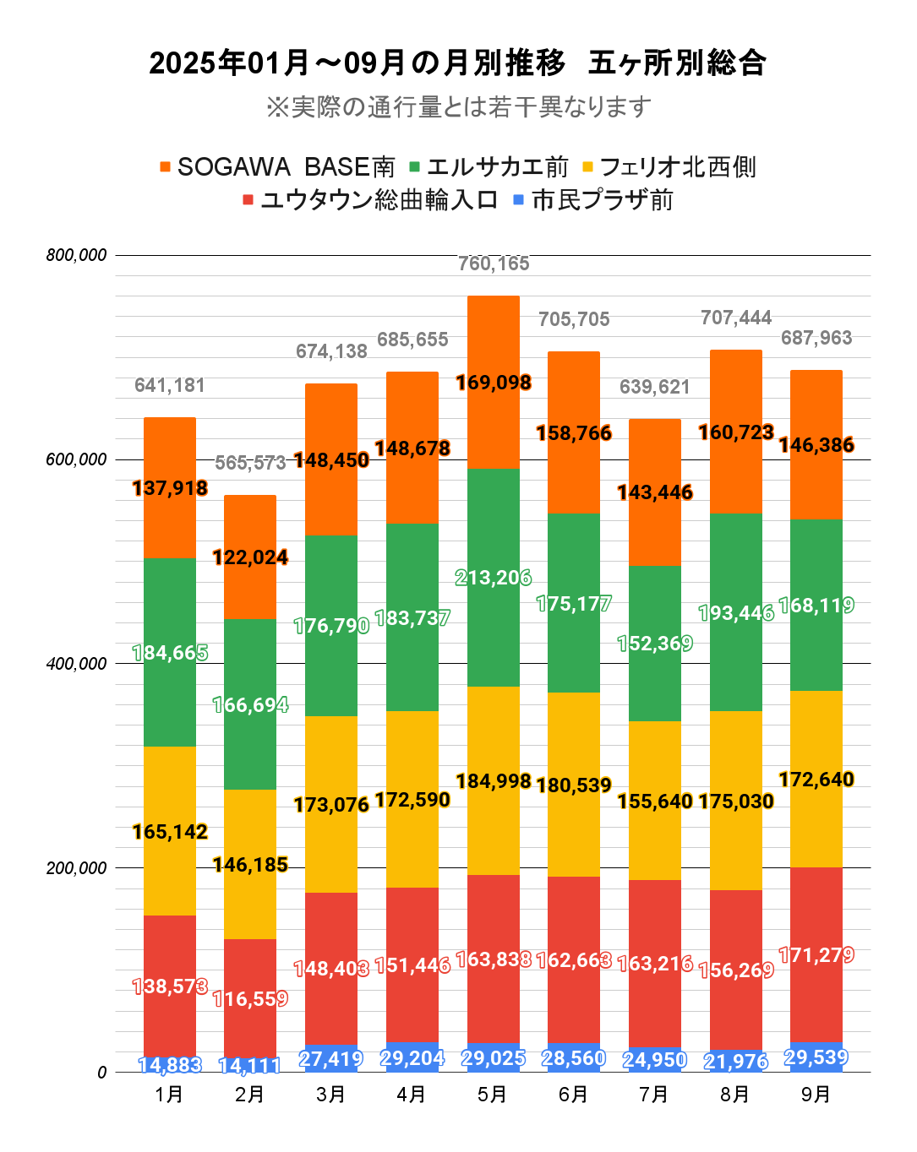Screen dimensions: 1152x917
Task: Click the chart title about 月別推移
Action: pos(457,63)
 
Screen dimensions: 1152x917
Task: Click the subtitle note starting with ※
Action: pos(458,107)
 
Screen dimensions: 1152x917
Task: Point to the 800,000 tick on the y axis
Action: pos(77,255)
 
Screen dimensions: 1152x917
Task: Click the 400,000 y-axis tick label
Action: pos(77,664)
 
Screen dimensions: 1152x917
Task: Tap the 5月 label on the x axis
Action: pos(493,1095)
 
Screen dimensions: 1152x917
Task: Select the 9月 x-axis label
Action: pos(816,1095)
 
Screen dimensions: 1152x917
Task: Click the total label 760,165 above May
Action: pos(494,264)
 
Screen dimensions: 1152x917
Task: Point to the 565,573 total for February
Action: pos(250,463)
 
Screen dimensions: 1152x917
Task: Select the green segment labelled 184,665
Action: pos(170,653)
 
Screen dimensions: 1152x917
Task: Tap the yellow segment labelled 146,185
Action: pos(250,865)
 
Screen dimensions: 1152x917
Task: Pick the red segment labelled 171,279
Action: pos(816,955)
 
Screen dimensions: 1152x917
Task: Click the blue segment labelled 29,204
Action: pos(412,1058)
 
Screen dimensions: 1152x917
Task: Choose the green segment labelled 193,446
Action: pos(736,612)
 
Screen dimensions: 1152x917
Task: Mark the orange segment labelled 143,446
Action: pos(655,492)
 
